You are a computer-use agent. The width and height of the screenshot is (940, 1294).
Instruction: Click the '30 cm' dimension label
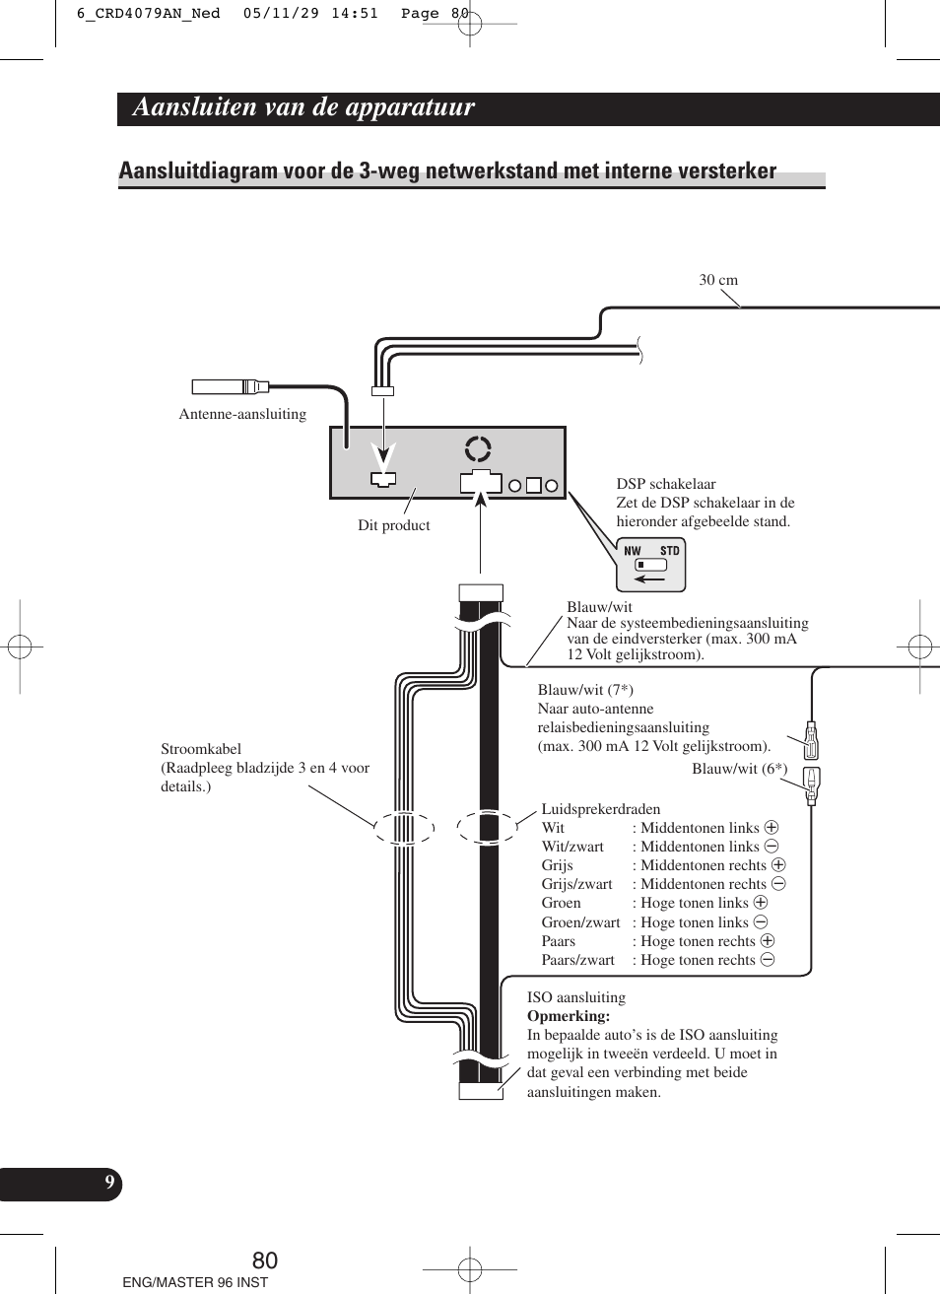[718, 280]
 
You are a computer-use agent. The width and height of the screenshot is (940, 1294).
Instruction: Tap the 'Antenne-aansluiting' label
[242, 414]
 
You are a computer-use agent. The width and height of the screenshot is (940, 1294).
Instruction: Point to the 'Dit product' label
[393, 525]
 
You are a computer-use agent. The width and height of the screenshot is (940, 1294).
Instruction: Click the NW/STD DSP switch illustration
[651, 564]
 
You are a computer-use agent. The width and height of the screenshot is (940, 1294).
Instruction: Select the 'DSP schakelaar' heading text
[666, 484]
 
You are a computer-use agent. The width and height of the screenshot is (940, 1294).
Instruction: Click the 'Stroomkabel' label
[201, 749]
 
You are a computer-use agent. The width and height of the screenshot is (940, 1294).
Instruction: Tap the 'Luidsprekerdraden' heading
[601, 809]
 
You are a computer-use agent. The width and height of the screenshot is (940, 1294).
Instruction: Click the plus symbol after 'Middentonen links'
[772, 828]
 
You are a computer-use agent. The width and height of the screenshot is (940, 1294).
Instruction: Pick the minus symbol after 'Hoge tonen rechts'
[768, 960]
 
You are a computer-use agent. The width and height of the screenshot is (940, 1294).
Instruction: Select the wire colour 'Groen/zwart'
[580, 922]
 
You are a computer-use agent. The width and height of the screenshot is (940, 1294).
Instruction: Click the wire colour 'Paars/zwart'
[577, 960]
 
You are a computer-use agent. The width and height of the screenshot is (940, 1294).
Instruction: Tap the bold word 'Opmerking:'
[569, 1016]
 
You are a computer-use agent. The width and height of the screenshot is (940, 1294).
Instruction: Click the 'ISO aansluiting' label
[575, 997]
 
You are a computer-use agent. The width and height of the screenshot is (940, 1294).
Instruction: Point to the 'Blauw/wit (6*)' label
[739, 769]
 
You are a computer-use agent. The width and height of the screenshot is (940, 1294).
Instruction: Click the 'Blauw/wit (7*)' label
[585, 690]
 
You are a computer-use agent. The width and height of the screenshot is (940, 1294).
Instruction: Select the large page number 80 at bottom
[265, 1260]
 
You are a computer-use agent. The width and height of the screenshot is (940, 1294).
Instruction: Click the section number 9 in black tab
[110, 1183]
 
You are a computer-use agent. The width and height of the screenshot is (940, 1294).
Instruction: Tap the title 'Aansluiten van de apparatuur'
[303, 107]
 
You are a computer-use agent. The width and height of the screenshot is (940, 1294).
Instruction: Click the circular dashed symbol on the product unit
[478, 449]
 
